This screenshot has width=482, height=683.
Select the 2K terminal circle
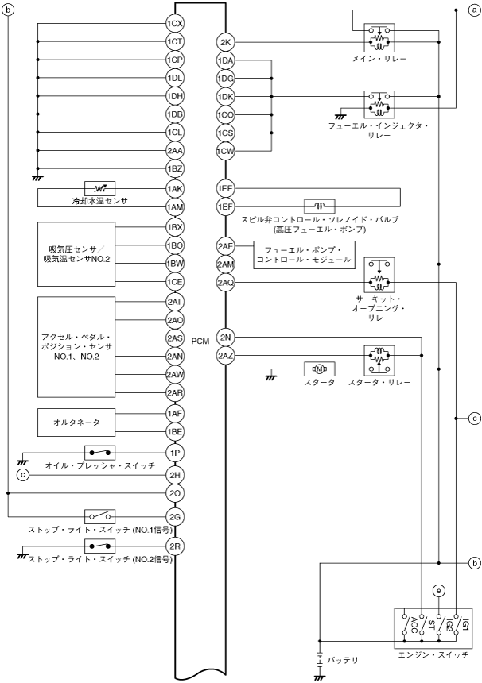(x=225, y=42)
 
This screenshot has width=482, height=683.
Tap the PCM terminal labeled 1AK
(x=175, y=189)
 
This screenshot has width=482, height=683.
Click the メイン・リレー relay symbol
(x=379, y=36)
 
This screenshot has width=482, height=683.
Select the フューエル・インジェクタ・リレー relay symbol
(x=379, y=103)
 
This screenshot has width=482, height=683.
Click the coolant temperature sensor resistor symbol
(x=101, y=189)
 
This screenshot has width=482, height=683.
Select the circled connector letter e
(x=437, y=590)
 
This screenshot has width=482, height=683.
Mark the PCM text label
(x=200, y=340)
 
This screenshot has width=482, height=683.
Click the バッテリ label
(x=344, y=660)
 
